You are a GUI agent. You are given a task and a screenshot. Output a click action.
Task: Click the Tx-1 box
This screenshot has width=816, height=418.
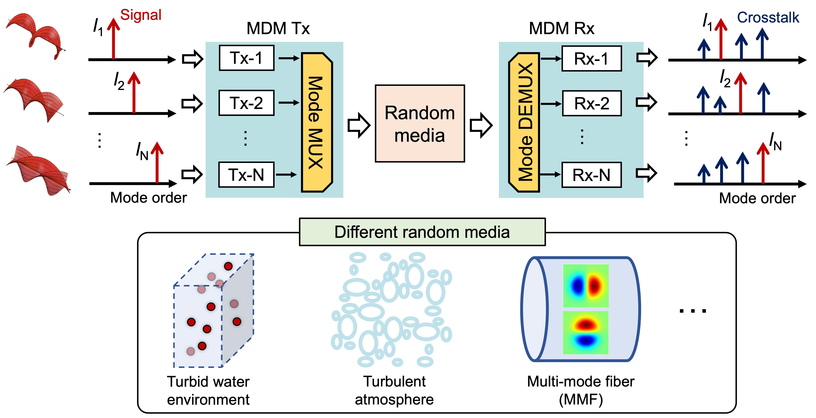click(x=246, y=58)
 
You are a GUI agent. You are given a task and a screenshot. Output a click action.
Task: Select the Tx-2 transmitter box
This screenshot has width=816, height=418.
click(x=246, y=103)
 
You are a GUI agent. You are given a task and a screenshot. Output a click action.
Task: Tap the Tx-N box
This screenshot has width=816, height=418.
click(x=246, y=175)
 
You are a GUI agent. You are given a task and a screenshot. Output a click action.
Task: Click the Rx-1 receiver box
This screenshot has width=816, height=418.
click(x=591, y=58)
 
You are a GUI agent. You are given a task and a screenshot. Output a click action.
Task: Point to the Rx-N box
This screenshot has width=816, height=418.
click(x=591, y=175)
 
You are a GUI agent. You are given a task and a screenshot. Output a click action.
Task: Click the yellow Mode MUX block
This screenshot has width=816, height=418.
click(x=317, y=122)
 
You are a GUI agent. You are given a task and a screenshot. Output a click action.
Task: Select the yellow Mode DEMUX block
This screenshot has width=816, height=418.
click(x=524, y=122)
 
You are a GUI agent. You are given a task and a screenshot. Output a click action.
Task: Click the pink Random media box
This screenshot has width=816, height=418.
click(x=420, y=123)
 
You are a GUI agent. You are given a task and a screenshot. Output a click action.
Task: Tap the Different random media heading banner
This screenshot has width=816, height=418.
click(x=422, y=232)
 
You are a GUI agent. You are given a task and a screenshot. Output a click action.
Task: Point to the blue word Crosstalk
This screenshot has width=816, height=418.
click(x=768, y=17)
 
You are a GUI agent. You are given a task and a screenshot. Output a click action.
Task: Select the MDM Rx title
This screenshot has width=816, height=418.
click(x=561, y=28)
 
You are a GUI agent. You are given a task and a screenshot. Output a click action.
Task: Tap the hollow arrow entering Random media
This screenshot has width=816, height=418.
click(x=359, y=125)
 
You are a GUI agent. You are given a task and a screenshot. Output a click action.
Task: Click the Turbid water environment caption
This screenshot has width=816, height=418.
click(x=208, y=390)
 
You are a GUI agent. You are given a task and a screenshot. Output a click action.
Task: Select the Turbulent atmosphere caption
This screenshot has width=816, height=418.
click(x=394, y=390)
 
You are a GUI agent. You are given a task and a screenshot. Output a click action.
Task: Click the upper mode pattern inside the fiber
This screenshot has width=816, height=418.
click(x=586, y=286)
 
